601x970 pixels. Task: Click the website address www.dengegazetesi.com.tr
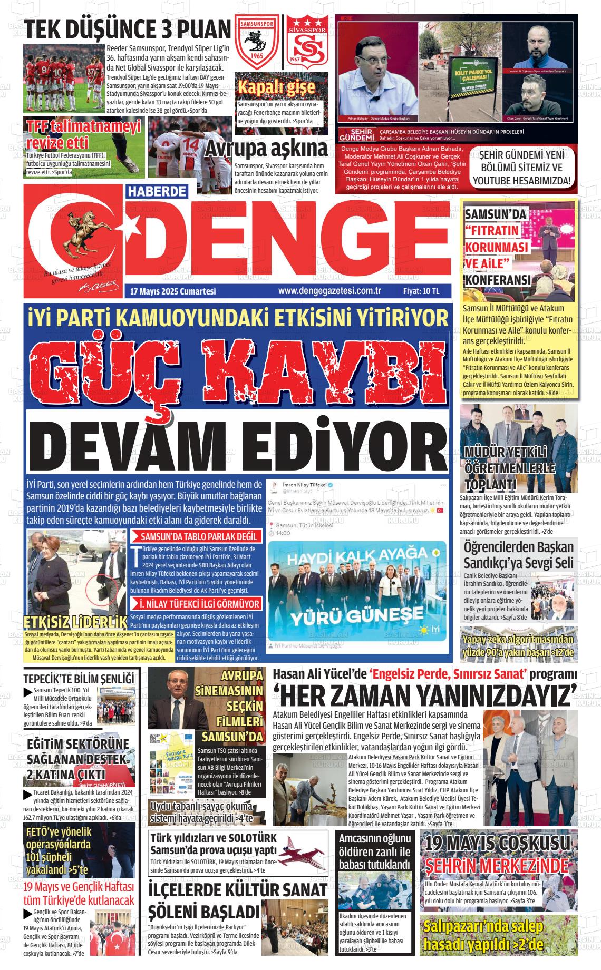point(329,290)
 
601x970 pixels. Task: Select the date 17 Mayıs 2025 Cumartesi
point(173,291)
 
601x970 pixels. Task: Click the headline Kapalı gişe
point(276,87)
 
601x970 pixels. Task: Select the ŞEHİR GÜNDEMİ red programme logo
point(354,134)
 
